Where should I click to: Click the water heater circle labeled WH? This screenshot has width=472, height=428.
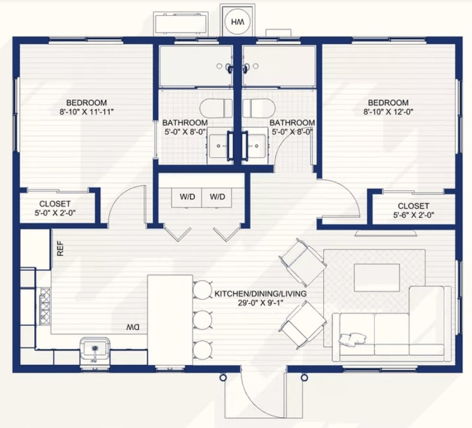pyautogui.click(x=237, y=22)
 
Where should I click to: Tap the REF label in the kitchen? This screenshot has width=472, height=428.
pyautogui.click(x=60, y=248)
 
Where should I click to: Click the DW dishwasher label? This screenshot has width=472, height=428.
pyautogui.click(x=133, y=327)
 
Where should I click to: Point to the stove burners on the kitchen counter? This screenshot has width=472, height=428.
pyautogui.click(x=45, y=306)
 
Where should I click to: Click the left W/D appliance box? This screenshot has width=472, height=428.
pyautogui.click(x=187, y=197)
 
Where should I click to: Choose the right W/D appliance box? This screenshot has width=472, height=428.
pyautogui.click(x=217, y=197)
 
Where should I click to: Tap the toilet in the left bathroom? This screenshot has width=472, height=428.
pyautogui.click(x=216, y=108)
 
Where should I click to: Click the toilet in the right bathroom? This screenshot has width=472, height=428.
pyautogui.click(x=259, y=108)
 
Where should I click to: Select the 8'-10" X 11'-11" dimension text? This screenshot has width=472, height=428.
pyautogui.click(x=87, y=112)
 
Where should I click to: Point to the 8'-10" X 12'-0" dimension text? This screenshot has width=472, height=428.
pyautogui.click(x=388, y=112)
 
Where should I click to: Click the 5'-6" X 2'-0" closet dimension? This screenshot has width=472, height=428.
pyautogui.click(x=413, y=215)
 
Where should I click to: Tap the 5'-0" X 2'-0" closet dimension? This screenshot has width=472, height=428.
pyautogui.click(x=55, y=213)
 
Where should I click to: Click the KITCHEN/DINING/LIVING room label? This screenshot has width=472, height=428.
pyautogui.click(x=260, y=294)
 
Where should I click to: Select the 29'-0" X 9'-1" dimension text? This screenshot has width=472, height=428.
pyautogui.click(x=260, y=303)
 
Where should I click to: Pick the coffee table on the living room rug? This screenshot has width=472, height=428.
pyautogui.click(x=377, y=278)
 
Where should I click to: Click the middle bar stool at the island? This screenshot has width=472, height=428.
pyautogui.click(x=203, y=319)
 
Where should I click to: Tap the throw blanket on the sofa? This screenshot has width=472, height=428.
pyautogui.click(x=353, y=339)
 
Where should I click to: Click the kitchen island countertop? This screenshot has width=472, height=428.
pyautogui.click(x=170, y=320)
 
